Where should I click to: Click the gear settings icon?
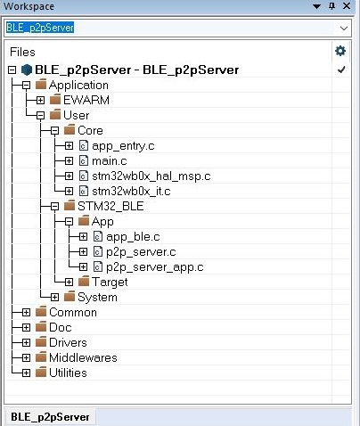point(340,51)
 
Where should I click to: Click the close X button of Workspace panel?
point(347,6)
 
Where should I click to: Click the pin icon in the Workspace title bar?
point(332,6)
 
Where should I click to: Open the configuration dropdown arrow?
point(344,29)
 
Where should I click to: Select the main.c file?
point(110,161)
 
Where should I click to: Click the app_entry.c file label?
point(123,146)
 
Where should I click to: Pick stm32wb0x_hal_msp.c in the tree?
point(151,176)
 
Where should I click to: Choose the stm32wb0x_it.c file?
point(131,192)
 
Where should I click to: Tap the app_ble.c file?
point(133,237)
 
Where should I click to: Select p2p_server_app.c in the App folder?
point(155,267)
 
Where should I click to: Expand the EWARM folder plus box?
point(40,100)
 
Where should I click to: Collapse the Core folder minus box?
point(54,131)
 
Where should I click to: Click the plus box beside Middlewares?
point(26,358)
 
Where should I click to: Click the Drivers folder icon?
point(41,342)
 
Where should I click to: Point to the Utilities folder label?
point(68,373)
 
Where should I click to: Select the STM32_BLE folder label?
point(110,206)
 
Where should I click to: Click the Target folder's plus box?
point(69,282)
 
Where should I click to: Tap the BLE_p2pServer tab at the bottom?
point(50,417)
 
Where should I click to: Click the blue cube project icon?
point(27,70)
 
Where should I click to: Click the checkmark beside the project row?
point(341,70)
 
